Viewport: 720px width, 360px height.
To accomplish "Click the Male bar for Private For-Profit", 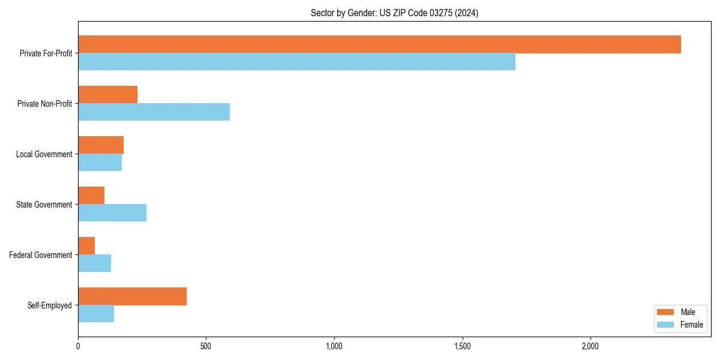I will [379, 44].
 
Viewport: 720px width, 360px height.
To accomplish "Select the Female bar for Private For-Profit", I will [296, 62].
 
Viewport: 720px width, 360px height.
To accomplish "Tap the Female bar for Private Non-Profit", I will [154, 112].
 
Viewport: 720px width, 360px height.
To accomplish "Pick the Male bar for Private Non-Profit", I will [107, 95].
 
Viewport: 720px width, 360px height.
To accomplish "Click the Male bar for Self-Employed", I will [132, 296].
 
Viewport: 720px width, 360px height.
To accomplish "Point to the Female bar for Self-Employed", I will [96, 314].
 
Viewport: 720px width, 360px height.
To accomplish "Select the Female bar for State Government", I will [112, 213].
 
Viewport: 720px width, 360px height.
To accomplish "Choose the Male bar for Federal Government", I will [86, 246].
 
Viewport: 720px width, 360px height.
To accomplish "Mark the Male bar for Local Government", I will [101, 145].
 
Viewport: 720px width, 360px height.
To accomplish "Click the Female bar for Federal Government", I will [94, 263].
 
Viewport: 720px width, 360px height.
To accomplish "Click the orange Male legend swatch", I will [666, 312].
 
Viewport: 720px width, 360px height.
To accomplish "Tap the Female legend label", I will [691, 325].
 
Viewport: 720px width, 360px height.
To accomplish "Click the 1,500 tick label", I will [462, 346].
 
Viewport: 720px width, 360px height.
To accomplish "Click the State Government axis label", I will [44, 205].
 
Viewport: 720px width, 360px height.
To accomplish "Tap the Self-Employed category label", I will [49, 305].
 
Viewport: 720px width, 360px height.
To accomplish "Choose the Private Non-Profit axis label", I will [44, 104].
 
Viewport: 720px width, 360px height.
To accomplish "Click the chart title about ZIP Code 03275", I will [394, 13].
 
